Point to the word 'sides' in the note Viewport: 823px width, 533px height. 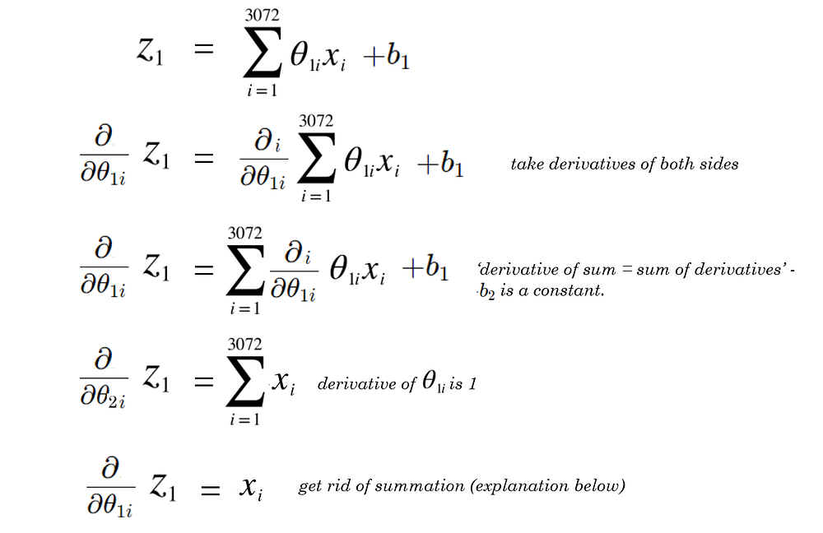pos(718,164)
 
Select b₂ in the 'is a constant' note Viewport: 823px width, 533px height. pos(487,292)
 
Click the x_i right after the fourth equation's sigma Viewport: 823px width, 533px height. pos(282,381)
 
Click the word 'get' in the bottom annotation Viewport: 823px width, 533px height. pos(311,487)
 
